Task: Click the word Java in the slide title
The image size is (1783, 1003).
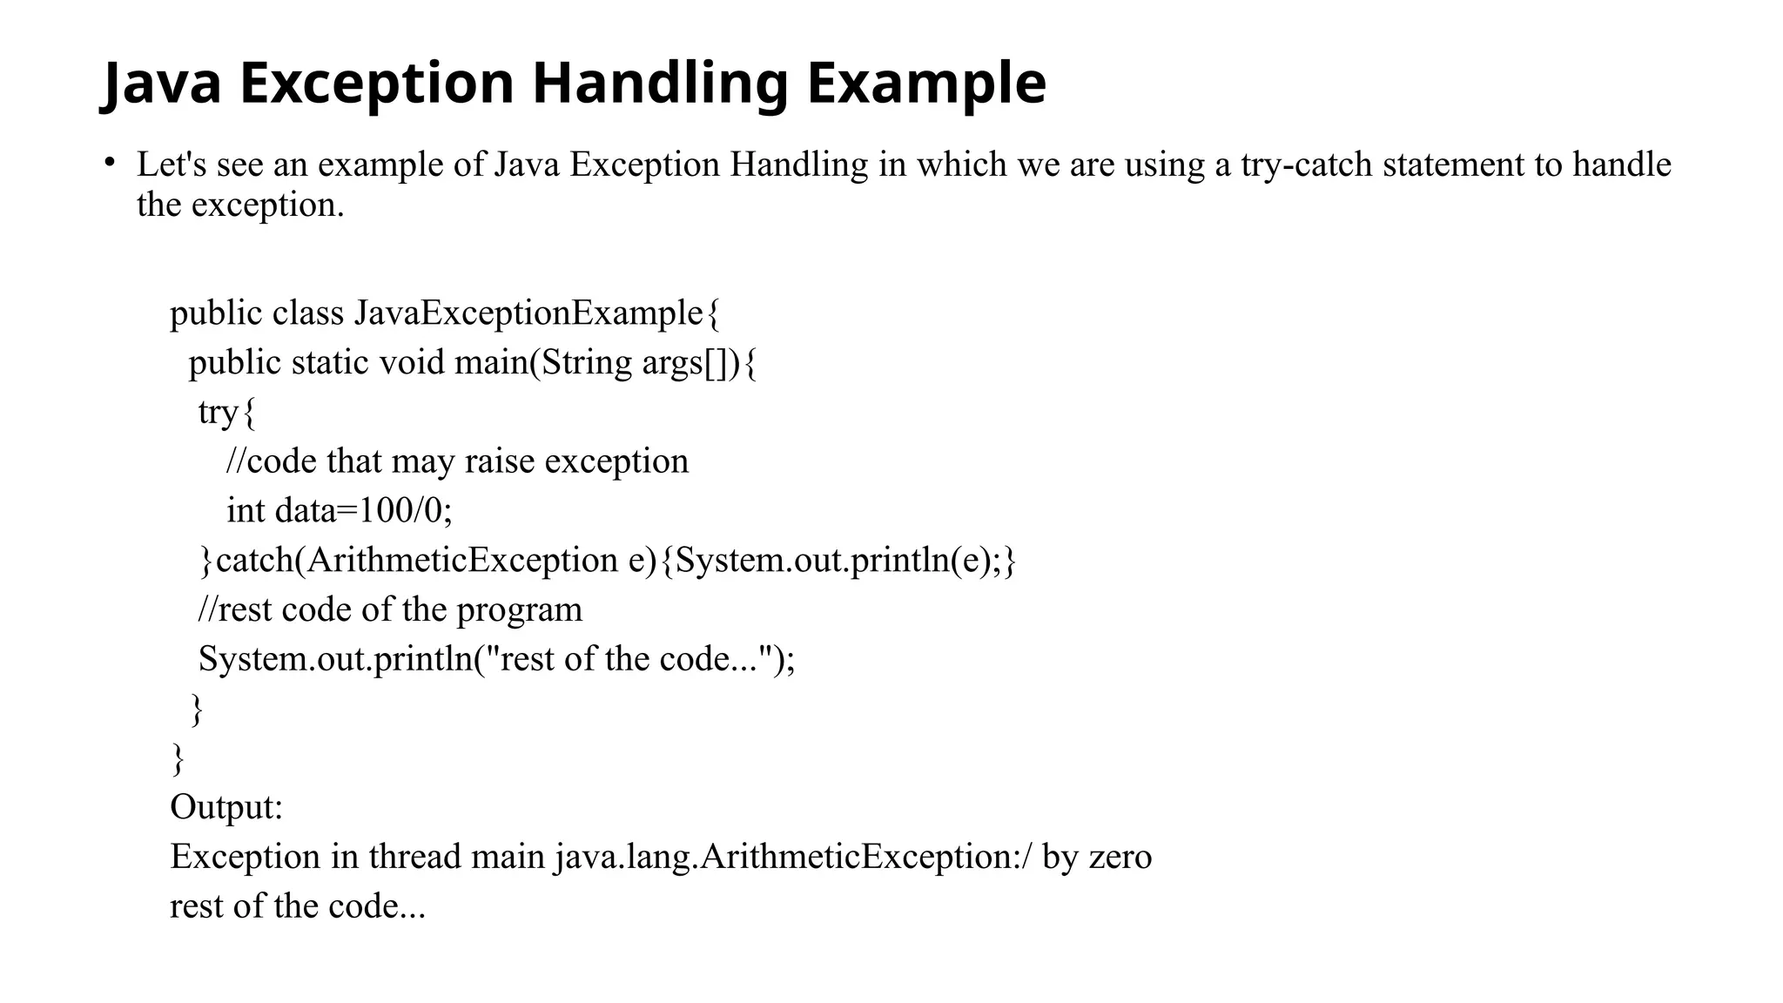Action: click(x=162, y=84)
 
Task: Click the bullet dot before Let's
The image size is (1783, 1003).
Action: click(x=109, y=162)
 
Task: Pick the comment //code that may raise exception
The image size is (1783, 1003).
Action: click(x=457, y=461)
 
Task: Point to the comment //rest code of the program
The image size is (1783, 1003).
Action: click(x=390, y=609)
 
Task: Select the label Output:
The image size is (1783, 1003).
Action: click(x=226, y=807)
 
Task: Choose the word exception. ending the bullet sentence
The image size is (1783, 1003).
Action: click(x=267, y=205)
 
